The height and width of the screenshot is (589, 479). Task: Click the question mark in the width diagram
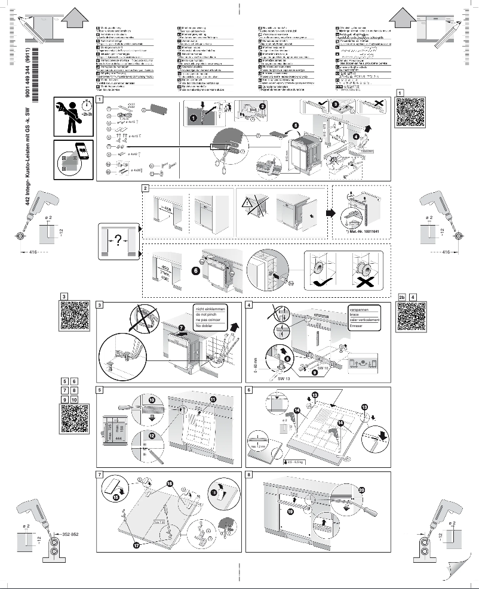point(118,240)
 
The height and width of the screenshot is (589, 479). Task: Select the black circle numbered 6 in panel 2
point(196,270)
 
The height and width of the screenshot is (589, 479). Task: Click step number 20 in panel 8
point(361,489)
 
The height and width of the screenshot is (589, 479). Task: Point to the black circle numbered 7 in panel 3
point(182,328)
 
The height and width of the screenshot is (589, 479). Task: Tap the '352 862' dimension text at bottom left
point(71,532)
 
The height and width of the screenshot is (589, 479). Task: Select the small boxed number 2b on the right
point(402,297)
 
